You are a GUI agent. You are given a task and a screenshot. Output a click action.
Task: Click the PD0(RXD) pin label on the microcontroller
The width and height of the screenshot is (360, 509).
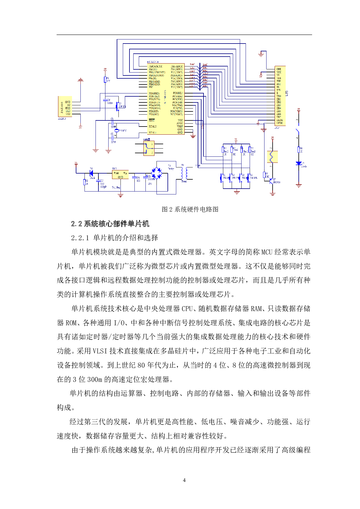154,93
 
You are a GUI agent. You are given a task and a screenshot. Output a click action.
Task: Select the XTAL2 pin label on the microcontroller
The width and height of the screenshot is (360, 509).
153,127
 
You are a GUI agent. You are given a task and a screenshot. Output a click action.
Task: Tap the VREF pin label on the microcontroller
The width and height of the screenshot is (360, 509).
180,127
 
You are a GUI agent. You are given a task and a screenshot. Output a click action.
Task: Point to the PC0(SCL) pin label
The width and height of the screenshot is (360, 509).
178,93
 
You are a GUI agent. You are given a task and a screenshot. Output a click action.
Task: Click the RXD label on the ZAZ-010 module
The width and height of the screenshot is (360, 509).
68,108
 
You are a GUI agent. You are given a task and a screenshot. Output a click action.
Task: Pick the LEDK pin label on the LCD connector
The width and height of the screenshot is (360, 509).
279,123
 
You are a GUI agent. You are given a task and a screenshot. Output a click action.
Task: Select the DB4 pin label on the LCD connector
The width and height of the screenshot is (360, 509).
279,108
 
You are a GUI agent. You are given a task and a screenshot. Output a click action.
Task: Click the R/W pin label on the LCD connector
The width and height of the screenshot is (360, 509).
278,90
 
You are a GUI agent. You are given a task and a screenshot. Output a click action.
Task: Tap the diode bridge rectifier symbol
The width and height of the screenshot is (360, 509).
156,173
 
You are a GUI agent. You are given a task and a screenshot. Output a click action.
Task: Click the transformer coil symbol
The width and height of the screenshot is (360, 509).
184,173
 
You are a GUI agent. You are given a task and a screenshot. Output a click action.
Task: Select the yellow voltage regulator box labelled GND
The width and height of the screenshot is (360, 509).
120,175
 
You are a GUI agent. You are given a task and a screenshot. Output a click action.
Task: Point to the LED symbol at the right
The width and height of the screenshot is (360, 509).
298,164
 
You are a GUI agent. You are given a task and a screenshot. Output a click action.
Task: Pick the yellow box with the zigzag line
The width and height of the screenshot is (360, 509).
272,157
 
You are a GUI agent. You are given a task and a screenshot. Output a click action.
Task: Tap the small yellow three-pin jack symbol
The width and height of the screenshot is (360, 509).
149,148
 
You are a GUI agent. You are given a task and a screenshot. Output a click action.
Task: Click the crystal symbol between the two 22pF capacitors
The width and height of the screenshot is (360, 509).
117,131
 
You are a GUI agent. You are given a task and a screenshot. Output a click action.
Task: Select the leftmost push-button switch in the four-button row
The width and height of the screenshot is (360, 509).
222,178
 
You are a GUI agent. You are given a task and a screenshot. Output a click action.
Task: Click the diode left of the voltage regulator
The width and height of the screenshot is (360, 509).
91,174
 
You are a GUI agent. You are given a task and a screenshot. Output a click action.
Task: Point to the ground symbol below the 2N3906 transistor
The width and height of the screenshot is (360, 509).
272,193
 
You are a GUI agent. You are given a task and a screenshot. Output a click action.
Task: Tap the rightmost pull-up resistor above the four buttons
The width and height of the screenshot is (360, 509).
249,150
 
